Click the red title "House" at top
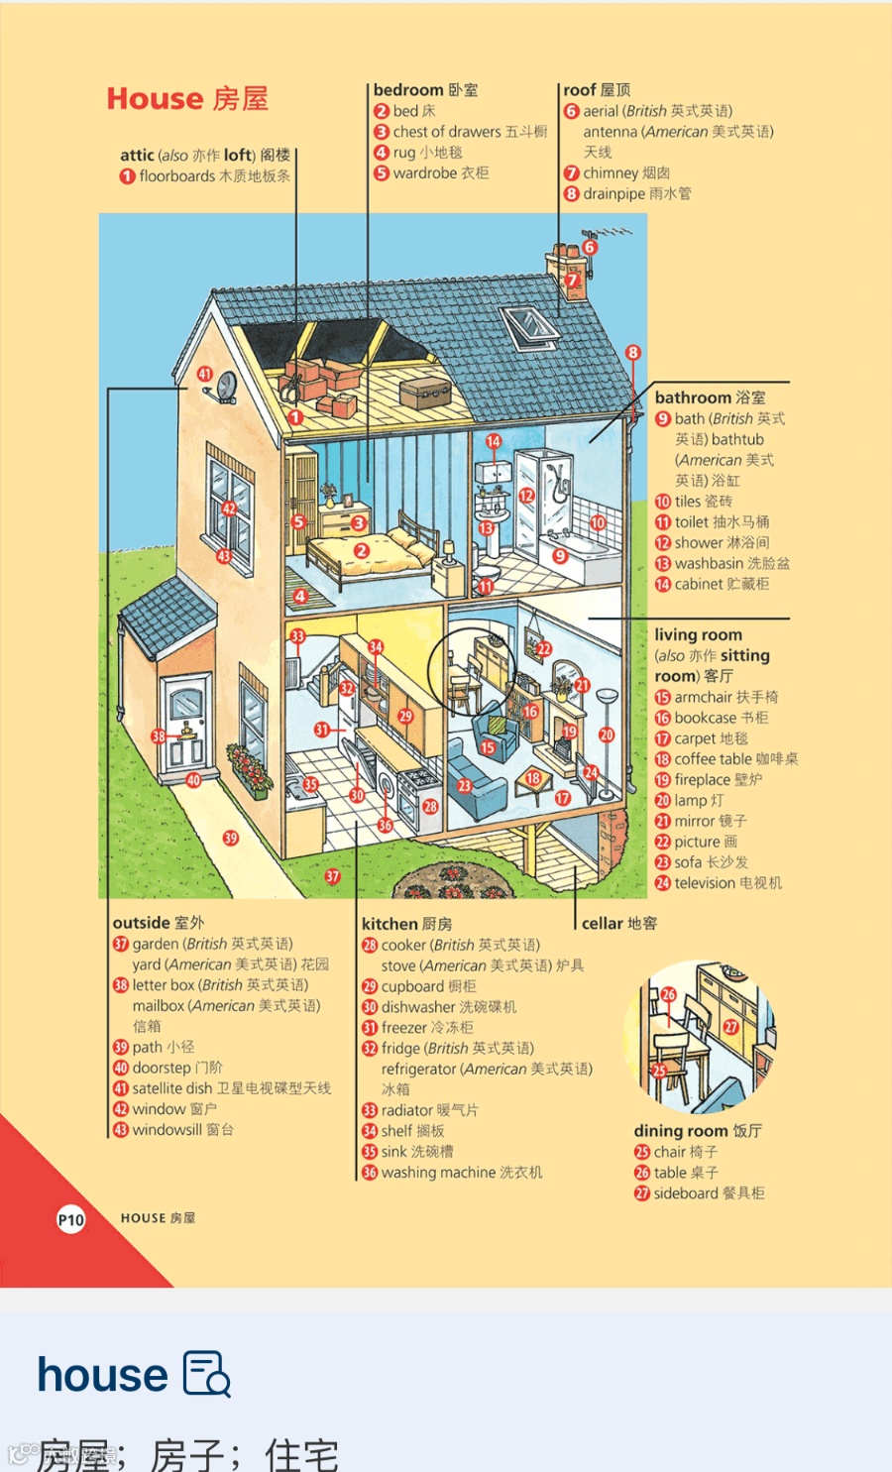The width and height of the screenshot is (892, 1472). pyautogui.click(x=155, y=99)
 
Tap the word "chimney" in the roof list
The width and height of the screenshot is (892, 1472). pyautogui.click(x=611, y=173)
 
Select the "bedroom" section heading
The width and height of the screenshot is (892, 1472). pyautogui.click(x=408, y=90)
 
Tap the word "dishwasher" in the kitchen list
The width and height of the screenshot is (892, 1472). pyautogui.click(x=418, y=1007)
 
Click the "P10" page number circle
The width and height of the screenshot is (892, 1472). pyautogui.click(x=70, y=1220)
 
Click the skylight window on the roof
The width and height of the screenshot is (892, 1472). pyautogui.click(x=530, y=327)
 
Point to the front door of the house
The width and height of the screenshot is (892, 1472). pyautogui.click(x=186, y=722)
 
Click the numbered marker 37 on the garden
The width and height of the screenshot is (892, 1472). pyautogui.click(x=333, y=876)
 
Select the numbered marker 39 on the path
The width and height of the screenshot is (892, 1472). pyautogui.click(x=231, y=839)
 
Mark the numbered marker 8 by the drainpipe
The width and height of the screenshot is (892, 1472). pyautogui.click(x=633, y=353)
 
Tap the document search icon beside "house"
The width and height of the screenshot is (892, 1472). pyautogui.click(x=207, y=1374)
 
